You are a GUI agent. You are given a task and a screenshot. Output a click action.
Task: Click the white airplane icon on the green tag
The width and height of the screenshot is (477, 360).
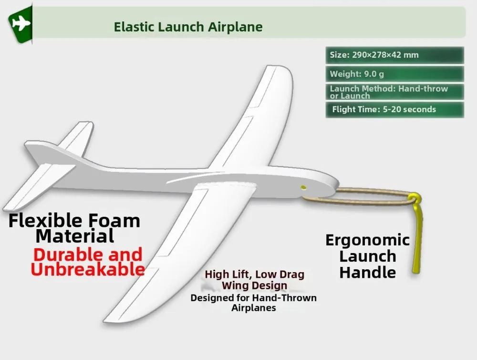[21, 23]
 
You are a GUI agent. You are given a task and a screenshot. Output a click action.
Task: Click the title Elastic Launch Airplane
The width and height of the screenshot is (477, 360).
[188, 27]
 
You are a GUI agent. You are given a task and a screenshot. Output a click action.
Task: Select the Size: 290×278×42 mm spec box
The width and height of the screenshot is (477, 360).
[394, 55]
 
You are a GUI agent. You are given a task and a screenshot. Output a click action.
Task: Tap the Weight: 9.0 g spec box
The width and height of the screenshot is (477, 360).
[394, 74]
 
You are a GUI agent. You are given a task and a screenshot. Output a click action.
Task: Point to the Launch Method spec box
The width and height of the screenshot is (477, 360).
[394, 92]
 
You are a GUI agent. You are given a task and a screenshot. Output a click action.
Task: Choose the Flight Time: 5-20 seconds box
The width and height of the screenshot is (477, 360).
[394, 109]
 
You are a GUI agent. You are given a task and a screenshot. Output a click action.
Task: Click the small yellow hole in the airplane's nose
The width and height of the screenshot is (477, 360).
[303, 187]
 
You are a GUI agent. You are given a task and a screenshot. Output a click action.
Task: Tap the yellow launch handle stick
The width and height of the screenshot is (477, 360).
[417, 233]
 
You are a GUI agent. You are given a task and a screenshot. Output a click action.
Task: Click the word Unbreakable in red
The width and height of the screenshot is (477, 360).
[88, 270]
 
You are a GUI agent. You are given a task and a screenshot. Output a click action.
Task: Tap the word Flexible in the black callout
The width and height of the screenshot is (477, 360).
[46, 221]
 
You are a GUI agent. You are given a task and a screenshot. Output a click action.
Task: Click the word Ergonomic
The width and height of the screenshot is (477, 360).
[367, 240]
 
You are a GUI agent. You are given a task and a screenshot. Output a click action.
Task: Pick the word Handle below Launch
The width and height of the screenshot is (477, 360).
[367, 272]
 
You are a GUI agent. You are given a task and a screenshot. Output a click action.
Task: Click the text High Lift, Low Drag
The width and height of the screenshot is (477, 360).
[254, 275]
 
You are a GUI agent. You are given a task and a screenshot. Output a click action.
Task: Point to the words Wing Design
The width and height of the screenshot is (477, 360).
[254, 286]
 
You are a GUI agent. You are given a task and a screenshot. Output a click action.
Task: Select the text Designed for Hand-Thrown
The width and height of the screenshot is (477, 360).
[253, 298]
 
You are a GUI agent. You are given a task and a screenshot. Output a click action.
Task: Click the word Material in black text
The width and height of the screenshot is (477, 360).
[75, 236]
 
